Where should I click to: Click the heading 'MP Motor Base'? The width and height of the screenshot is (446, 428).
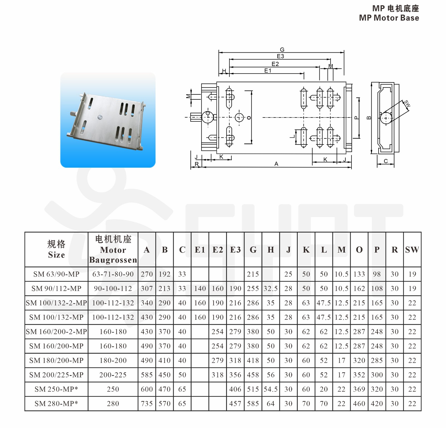[x=389, y=18]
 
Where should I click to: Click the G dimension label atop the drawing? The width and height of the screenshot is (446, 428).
[x=282, y=50]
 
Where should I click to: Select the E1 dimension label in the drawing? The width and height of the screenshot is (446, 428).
[x=268, y=71]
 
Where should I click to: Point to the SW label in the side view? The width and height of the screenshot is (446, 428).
[x=407, y=104]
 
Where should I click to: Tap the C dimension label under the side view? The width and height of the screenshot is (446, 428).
[x=386, y=161]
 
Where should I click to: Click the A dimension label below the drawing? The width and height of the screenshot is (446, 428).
[x=276, y=164]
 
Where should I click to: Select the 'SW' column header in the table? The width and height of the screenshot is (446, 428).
[x=412, y=250]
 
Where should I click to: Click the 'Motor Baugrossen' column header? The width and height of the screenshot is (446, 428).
[x=113, y=250]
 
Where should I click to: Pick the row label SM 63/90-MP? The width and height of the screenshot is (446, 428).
[x=56, y=274]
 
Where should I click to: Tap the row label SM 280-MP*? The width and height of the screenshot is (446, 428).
[x=56, y=403]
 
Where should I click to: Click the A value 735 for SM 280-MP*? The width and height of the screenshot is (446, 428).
[x=147, y=403]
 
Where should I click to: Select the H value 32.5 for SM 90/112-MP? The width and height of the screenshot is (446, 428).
[x=270, y=288]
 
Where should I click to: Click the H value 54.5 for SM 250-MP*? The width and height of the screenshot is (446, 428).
[x=270, y=389]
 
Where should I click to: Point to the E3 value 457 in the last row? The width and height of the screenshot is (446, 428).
[x=235, y=403]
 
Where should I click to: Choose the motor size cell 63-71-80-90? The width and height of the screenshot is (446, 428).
[x=113, y=274]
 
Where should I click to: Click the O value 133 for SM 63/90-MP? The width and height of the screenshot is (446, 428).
[x=359, y=274]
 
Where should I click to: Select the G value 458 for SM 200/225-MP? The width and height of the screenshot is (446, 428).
[x=253, y=375]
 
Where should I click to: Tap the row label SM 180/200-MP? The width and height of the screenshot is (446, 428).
[x=56, y=360]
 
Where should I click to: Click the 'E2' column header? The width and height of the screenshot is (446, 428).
[x=218, y=250]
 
